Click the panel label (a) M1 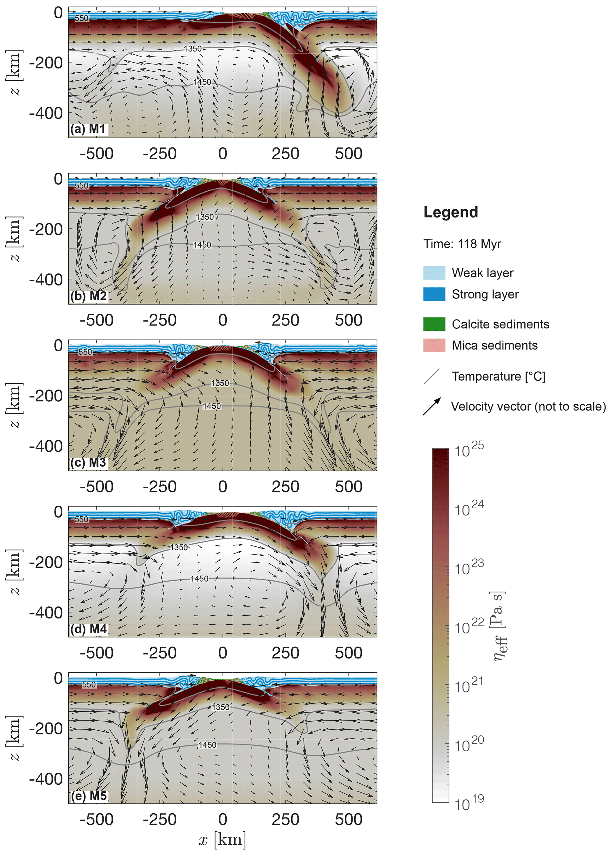(88, 129)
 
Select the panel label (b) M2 (89, 296)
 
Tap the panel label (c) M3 (89, 463)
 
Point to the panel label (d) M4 (89, 629)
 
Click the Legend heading (451, 212)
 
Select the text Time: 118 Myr (462, 244)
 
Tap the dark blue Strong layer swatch (434, 294)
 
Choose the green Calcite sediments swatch (434, 324)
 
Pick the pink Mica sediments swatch (434, 345)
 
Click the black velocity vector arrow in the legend (432, 406)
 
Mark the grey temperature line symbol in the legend (432, 377)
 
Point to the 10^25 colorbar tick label (469, 450)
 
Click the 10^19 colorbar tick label (469, 803)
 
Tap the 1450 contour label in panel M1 (202, 82)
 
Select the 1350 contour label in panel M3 (220, 383)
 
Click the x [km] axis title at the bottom (222, 840)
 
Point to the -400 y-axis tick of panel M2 (46, 280)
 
